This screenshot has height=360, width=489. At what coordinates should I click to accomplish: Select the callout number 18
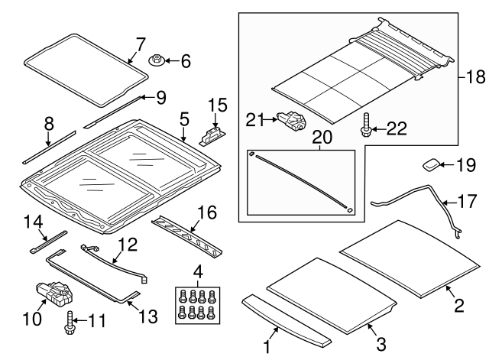[474, 77]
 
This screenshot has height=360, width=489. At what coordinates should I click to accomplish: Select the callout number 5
[183, 118]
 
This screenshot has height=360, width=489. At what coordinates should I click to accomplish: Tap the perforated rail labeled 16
[187, 235]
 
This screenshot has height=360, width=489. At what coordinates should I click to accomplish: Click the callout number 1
[267, 348]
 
